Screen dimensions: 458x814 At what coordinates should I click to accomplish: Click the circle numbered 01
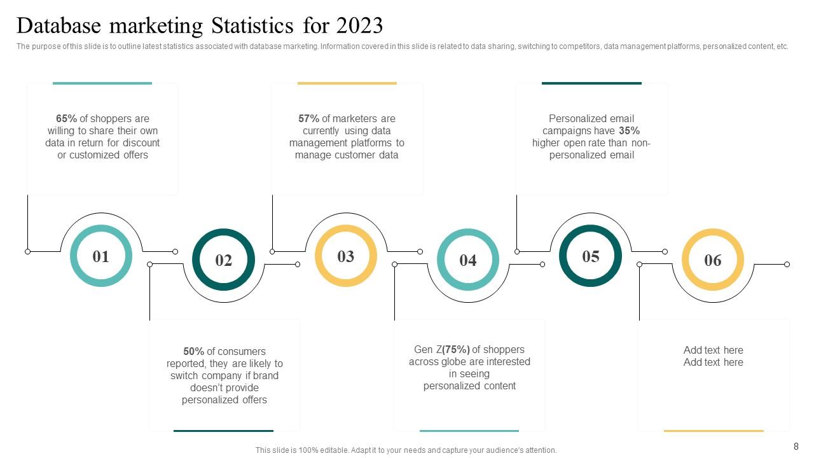(100, 256)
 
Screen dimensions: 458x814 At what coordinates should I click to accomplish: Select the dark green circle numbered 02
(223, 260)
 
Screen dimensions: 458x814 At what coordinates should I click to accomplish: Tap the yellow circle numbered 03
(345, 256)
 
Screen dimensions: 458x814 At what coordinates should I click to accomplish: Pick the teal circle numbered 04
(468, 260)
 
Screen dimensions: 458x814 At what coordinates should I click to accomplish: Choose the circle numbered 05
(590, 256)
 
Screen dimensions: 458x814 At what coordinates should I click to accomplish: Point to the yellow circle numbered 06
(713, 260)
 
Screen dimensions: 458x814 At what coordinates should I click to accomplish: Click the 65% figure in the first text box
(66, 119)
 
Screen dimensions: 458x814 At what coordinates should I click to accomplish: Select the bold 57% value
(308, 119)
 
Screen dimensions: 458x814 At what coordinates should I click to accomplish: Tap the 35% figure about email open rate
(629, 131)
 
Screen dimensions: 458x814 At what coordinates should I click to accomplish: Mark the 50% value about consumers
(193, 352)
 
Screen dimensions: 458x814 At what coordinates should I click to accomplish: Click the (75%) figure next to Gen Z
(456, 350)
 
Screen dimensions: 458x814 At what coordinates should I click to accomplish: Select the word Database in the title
(59, 25)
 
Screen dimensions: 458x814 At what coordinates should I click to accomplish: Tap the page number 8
(796, 447)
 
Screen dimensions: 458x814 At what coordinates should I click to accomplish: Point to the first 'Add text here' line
(713, 350)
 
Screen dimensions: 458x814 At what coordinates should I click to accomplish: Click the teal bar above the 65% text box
(102, 83)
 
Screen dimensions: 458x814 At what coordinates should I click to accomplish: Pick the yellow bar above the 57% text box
(347, 83)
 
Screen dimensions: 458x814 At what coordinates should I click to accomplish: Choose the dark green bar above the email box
(591, 83)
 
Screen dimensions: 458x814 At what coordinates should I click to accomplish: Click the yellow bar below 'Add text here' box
(713, 431)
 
